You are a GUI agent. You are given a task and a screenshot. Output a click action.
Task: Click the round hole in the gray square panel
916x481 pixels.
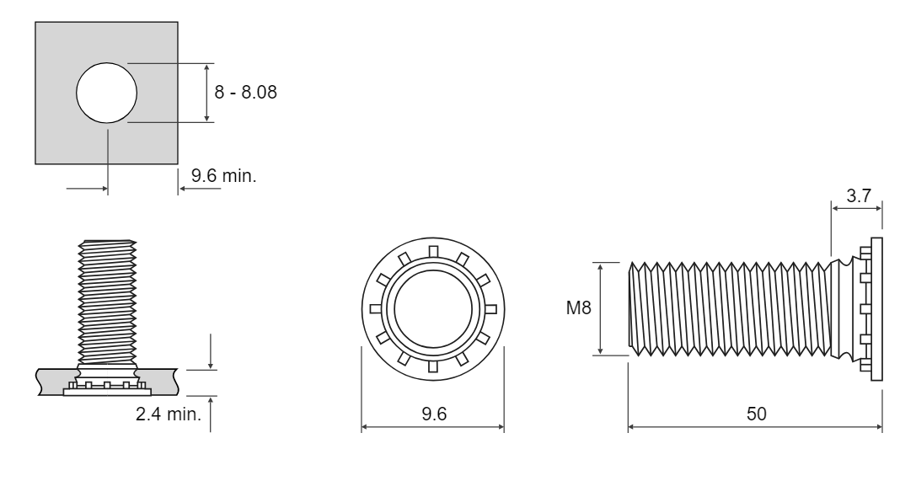click(106, 93)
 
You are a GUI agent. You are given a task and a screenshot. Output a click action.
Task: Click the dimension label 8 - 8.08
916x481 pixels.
click(245, 92)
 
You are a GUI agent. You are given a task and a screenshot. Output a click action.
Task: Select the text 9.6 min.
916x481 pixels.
click(224, 175)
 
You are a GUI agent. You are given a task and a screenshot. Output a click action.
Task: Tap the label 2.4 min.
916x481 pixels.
click(169, 414)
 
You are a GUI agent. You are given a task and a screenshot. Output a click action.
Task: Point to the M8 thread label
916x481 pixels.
click(578, 307)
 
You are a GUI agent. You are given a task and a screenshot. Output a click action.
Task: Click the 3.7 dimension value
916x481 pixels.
click(858, 195)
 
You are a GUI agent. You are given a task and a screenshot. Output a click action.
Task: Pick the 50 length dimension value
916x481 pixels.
click(757, 414)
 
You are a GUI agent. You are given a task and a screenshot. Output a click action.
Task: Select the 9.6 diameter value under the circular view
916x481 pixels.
click(434, 414)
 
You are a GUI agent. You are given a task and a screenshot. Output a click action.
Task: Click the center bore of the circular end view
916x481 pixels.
click(433, 309)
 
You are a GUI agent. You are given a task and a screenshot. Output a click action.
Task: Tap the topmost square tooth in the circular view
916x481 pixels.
click(433, 252)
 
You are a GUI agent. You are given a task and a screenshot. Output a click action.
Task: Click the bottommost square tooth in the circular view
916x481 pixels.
click(433, 366)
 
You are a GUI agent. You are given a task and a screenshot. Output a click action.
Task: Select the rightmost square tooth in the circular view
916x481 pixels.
click(490, 309)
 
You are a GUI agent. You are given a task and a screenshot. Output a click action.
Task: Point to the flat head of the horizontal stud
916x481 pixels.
click(876, 309)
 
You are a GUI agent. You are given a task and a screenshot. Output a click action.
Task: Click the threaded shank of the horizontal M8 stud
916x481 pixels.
click(730, 309)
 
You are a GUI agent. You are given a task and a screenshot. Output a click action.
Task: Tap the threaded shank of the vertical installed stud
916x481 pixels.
click(108, 302)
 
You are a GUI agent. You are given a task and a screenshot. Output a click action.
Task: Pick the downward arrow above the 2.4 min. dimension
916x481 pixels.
click(211, 352)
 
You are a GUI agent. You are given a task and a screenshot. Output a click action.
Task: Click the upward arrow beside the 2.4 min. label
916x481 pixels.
click(211, 414)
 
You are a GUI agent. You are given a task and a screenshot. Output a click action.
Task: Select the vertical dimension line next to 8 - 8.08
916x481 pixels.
click(206, 93)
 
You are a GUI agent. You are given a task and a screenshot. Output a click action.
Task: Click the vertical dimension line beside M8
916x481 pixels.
click(601, 309)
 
